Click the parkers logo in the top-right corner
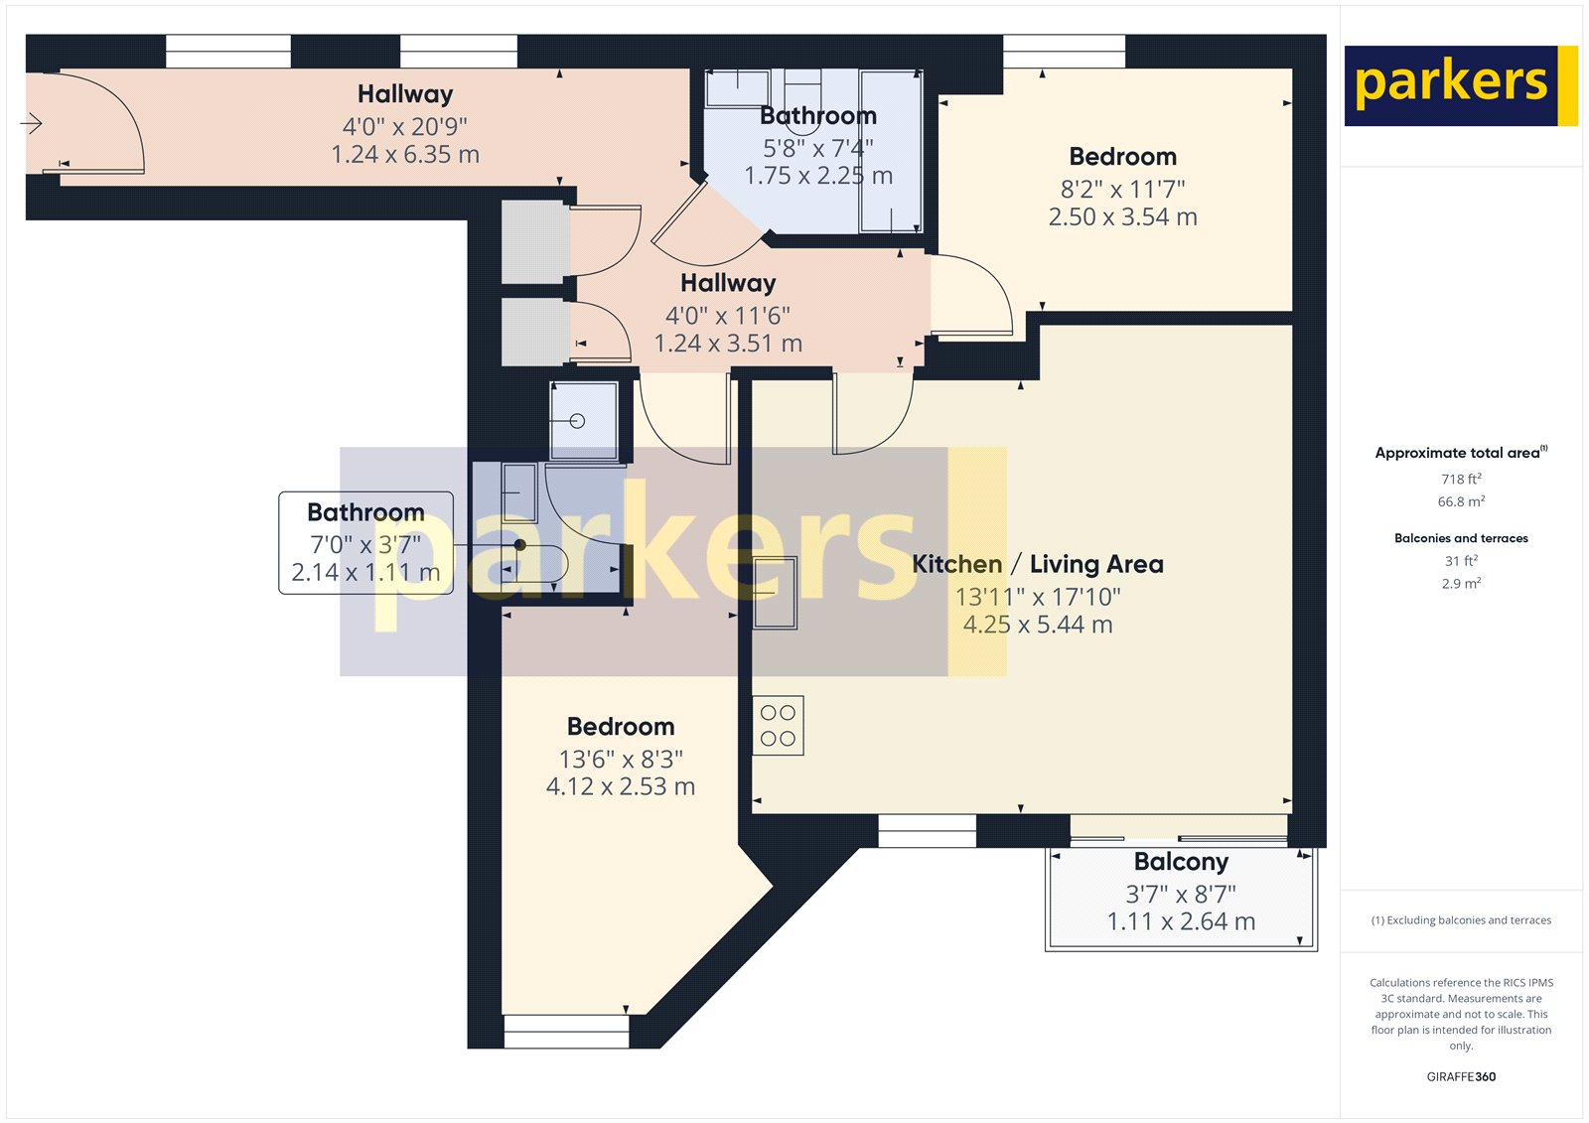(1461, 85)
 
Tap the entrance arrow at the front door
(31, 123)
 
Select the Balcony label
(1181, 861)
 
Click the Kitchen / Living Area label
(1038, 564)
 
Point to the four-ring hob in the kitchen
(779, 725)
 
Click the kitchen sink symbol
(775, 593)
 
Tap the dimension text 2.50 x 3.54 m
(1123, 216)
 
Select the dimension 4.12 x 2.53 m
(621, 786)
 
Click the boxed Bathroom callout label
(366, 543)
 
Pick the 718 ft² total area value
(1461, 479)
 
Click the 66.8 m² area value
(1461, 501)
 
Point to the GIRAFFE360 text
(1461, 1076)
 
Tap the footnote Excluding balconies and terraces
(1461, 920)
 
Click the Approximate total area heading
(1461, 453)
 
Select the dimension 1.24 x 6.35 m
(406, 154)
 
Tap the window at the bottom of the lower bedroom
(566, 1032)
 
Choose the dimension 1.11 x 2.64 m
(1181, 920)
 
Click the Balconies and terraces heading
(1461, 538)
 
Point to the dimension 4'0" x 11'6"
(728, 315)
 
